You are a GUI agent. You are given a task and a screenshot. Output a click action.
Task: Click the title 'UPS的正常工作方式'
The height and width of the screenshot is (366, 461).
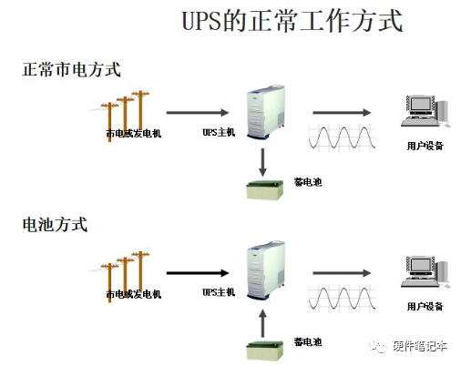[292, 21]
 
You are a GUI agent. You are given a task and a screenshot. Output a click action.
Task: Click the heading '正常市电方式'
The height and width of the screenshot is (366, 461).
[72, 69]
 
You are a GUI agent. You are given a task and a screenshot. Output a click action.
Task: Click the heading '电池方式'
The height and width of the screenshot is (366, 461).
[55, 225]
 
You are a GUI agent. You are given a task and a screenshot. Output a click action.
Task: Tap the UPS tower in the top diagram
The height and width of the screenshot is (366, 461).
[266, 112]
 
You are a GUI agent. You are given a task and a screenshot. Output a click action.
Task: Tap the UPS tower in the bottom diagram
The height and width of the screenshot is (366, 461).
[266, 269]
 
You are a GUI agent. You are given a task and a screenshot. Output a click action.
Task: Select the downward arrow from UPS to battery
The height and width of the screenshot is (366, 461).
[263, 162]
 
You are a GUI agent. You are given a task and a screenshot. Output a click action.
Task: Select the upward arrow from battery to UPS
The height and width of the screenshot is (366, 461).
[263, 323]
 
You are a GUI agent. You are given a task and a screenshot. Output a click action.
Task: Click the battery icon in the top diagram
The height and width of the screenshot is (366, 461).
[265, 190]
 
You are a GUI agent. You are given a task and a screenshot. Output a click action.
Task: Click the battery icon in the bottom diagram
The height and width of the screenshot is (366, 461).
[265, 351]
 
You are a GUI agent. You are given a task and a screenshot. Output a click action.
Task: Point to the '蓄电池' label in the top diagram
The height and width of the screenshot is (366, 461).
[308, 182]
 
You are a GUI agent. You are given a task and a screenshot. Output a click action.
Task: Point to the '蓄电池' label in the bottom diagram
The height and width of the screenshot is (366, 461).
[308, 342]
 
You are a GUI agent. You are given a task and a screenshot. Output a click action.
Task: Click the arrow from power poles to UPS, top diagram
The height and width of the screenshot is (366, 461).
[198, 113]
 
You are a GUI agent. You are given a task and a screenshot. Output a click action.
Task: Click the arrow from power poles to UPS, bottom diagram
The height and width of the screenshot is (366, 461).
[198, 273]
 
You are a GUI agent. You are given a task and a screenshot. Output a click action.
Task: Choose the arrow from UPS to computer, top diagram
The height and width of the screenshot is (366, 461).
[342, 113]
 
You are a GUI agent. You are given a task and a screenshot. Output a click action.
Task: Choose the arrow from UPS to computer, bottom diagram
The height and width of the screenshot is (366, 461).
[342, 273]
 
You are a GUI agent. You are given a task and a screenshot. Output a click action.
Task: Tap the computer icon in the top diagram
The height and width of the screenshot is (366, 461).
[425, 111]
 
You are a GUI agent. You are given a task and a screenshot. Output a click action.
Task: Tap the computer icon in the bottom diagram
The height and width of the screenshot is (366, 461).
[425, 271]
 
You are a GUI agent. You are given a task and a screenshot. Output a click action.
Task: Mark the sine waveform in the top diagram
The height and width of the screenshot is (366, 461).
[342, 137]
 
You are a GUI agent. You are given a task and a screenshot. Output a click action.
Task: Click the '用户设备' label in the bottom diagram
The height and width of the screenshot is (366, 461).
[425, 306]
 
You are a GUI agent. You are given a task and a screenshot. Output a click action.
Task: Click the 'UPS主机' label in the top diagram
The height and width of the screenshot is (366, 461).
[219, 132]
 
